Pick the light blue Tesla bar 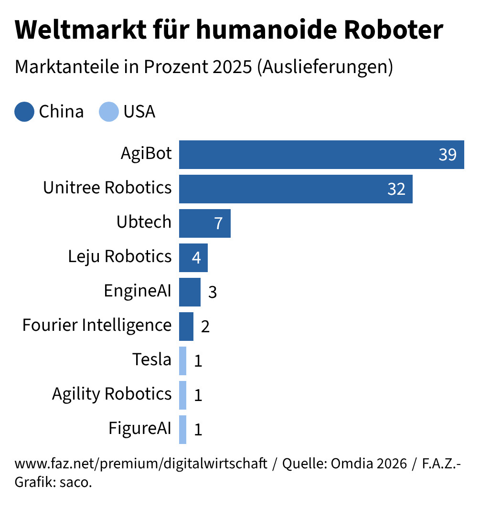point(182,361)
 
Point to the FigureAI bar point(182,430)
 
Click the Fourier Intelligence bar point(186,327)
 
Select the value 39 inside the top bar point(448,155)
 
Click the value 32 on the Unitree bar point(396,190)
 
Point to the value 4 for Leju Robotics point(196,258)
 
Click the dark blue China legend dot point(24,112)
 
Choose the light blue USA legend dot point(108,112)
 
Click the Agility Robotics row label point(111,394)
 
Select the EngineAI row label point(138,291)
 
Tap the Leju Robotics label point(119,256)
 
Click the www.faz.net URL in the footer point(141,464)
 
